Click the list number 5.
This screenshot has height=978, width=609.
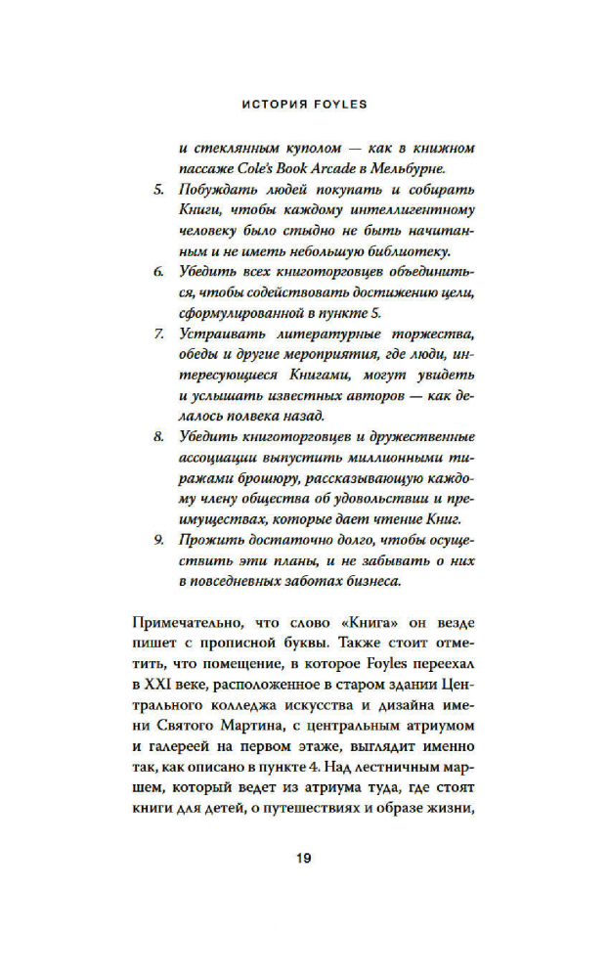(x=159, y=187)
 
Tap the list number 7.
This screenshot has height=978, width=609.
(x=159, y=333)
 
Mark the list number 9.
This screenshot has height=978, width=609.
(x=159, y=540)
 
